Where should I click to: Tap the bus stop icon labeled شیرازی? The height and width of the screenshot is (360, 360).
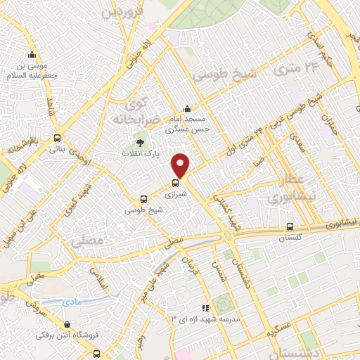click(175, 183)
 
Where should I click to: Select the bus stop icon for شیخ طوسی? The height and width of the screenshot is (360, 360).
click(143, 199)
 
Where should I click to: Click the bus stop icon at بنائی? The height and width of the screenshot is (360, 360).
click(56, 138)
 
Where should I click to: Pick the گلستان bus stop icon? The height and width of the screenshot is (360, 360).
click(290, 227)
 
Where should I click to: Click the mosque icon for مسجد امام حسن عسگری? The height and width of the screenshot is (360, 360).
click(187, 109)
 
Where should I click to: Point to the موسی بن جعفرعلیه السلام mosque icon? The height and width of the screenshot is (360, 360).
click(31, 56)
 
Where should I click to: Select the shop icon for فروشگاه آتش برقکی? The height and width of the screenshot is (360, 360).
click(67, 325)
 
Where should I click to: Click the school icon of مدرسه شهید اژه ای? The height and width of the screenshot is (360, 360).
click(205, 307)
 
